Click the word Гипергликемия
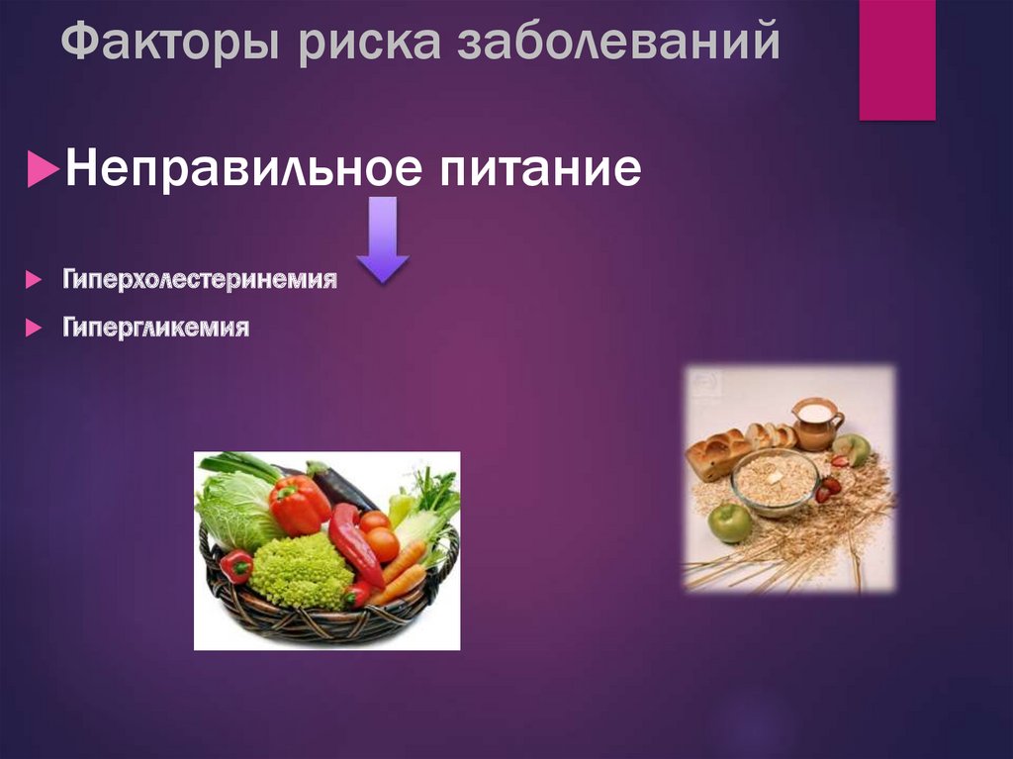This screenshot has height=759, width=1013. pos(156,327)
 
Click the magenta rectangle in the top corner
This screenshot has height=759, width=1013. pos(896,59)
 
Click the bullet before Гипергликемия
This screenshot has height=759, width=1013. pos(34,327)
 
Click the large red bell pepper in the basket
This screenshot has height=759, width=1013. pos(298,504)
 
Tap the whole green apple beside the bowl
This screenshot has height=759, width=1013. pos(730,522)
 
